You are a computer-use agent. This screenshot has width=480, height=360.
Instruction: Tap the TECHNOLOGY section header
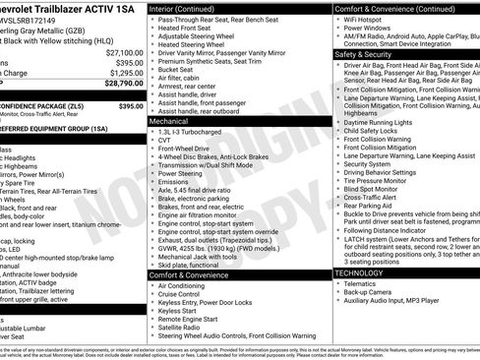point(366,271)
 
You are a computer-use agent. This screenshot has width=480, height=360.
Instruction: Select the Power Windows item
point(373,28)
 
